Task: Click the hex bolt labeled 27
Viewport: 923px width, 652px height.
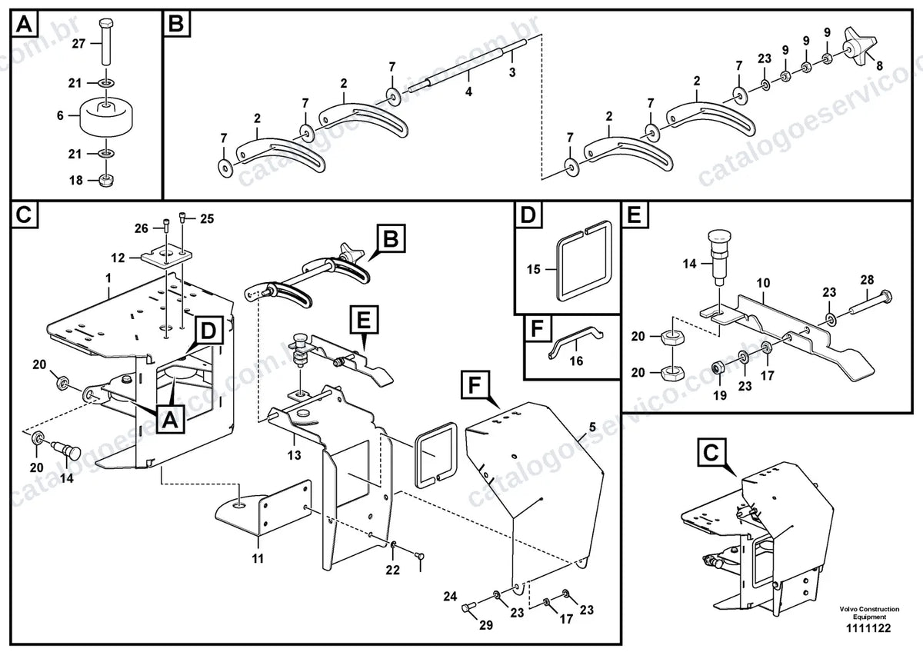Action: tap(106, 42)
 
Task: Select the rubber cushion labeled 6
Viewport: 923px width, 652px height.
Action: tap(107, 117)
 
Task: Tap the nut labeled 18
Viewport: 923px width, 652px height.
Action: tap(107, 180)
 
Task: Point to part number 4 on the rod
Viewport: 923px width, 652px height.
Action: tap(468, 91)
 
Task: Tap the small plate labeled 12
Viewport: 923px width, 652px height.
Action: tap(166, 258)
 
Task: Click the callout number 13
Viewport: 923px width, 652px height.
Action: tap(294, 455)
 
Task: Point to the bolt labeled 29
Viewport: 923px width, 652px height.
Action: tap(469, 607)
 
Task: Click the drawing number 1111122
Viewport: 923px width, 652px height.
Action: tap(869, 628)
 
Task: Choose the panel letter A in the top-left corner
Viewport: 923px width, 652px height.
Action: tap(24, 25)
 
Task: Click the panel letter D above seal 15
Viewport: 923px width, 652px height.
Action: tap(528, 215)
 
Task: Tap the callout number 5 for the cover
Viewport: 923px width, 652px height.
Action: tap(592, 427)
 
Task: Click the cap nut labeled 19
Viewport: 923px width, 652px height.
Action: tap(718, 367)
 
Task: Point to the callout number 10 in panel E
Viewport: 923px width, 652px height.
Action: tap(763, 283)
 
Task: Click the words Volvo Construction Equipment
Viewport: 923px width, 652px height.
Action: tap(869, 613)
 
